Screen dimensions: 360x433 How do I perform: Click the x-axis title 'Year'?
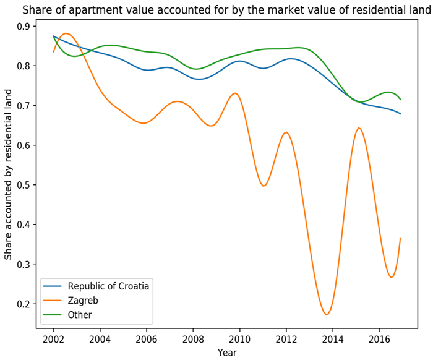point(227,353)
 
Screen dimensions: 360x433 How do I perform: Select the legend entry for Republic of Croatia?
point(109,286)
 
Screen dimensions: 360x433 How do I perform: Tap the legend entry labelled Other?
point(80,314)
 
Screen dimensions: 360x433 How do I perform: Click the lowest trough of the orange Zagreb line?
point(327,314)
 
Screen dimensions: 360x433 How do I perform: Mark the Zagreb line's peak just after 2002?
point(66,33)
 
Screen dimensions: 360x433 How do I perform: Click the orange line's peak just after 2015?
point(358,128)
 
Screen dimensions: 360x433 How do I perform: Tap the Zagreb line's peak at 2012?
point(286,132)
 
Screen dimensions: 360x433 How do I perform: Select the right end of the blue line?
point(401,114)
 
